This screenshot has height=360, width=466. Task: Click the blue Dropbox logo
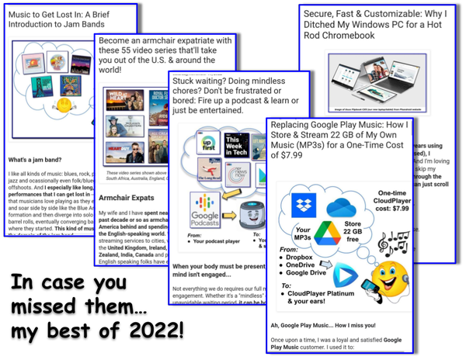(302, 206)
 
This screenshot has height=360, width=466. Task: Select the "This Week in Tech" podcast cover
(236, 146)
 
